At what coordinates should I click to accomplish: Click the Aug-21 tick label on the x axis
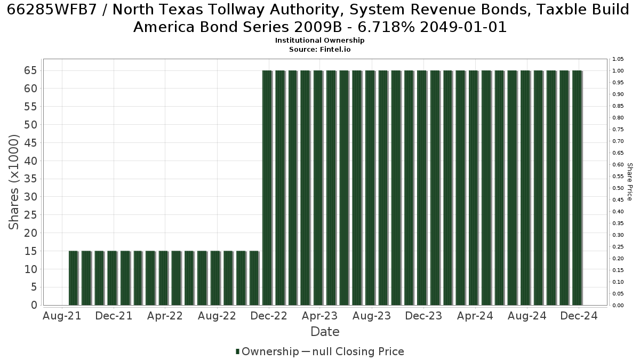[x=62, y=316]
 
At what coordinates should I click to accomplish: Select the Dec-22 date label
[x=269, y=316]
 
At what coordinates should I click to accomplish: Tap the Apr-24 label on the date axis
[x=475, y=316]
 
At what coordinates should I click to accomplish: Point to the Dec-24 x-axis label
[x=579, y=316]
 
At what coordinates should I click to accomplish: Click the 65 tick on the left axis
[x=30, y=70]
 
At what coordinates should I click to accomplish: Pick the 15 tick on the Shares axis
[x=30, y=251]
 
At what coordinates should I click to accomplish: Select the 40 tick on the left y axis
[x=30, y=161]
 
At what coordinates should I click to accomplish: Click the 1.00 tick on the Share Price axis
[x=618, y=71]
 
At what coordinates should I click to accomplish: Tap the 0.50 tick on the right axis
[x=618, y=188]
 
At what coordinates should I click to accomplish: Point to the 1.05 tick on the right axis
[x=618, y=59]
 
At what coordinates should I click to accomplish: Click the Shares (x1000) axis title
[x=13, y=182]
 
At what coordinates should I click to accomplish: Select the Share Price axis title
[x=629, y=182]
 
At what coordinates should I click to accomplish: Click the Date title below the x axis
[x=325, y=332]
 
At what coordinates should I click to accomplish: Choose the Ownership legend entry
[x=267, y=351]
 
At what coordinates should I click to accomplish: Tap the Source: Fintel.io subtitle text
[x=319, y=50]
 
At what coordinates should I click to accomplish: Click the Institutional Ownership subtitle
[x=319, y=41]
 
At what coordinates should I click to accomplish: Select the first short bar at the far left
[x=74, y=278]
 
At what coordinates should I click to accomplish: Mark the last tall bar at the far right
[x=577, y=188]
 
